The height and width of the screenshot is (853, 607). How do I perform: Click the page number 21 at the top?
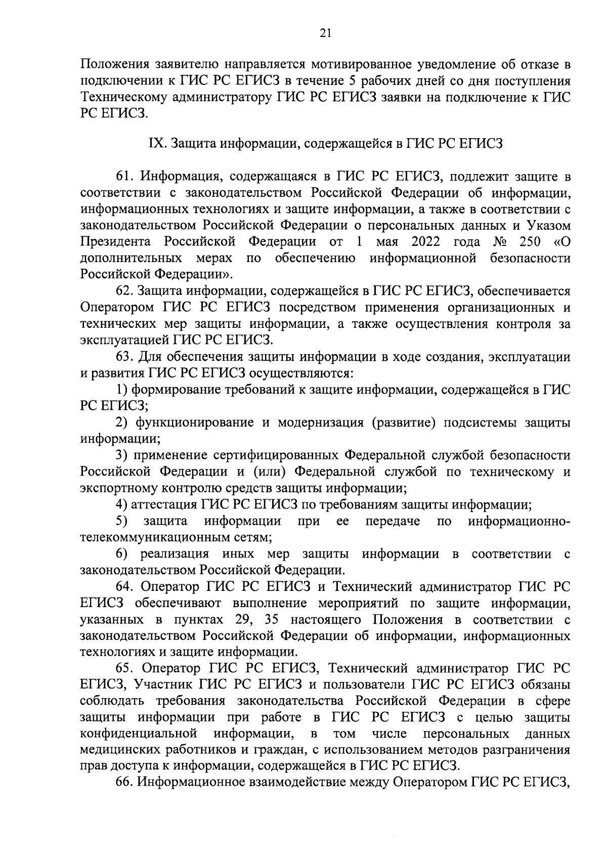pos(325,33)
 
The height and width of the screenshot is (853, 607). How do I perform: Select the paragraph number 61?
pos(124,177)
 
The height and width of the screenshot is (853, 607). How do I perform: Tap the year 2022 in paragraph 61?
pos(426,242)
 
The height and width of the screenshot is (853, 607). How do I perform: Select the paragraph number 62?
pos(124,291)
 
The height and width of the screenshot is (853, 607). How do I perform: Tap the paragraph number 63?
pos(124,357)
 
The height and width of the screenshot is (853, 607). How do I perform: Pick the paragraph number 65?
pos(124,669)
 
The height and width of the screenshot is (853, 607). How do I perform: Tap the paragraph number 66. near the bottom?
pos(124,782)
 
